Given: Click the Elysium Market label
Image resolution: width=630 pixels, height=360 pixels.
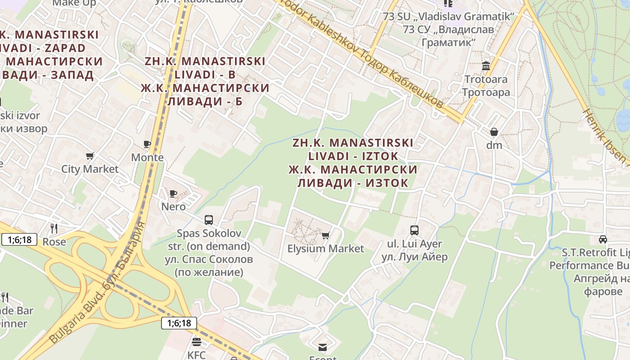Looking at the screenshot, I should pos(325,248).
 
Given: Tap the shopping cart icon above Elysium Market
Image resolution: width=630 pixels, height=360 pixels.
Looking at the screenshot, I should pos(326,235).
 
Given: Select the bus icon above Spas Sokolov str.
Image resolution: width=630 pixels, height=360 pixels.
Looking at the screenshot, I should pos(209,220).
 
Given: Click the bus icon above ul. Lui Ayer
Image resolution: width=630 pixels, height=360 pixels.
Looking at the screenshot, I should pos(414,230).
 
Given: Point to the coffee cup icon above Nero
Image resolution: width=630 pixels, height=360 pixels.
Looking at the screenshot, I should pos(173,194).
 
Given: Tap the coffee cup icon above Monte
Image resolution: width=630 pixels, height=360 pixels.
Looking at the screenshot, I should pos(147,144).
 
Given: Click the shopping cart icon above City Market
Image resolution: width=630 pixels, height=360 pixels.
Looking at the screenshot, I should pos(90,156).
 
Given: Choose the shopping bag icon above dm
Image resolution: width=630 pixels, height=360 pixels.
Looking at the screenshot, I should pos(494,132).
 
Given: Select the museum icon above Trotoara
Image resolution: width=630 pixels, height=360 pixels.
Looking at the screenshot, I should pos(486,67).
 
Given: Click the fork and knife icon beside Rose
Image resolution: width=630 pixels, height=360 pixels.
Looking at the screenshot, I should pos(54,229).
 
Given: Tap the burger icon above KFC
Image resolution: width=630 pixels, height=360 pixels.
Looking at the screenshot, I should pos(196,342).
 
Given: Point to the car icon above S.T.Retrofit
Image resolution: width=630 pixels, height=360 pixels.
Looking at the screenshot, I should pos(603,239).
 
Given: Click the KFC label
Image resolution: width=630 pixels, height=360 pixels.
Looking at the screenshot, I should pos(196,355).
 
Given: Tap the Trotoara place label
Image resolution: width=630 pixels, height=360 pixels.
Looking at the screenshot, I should pos(486,80).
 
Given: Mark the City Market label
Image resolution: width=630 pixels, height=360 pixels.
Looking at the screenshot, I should pos(90,169).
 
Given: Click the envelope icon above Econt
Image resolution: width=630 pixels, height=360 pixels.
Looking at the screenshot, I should pos(323,347).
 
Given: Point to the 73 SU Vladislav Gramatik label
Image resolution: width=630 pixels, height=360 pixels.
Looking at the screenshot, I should pos(448,17).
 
